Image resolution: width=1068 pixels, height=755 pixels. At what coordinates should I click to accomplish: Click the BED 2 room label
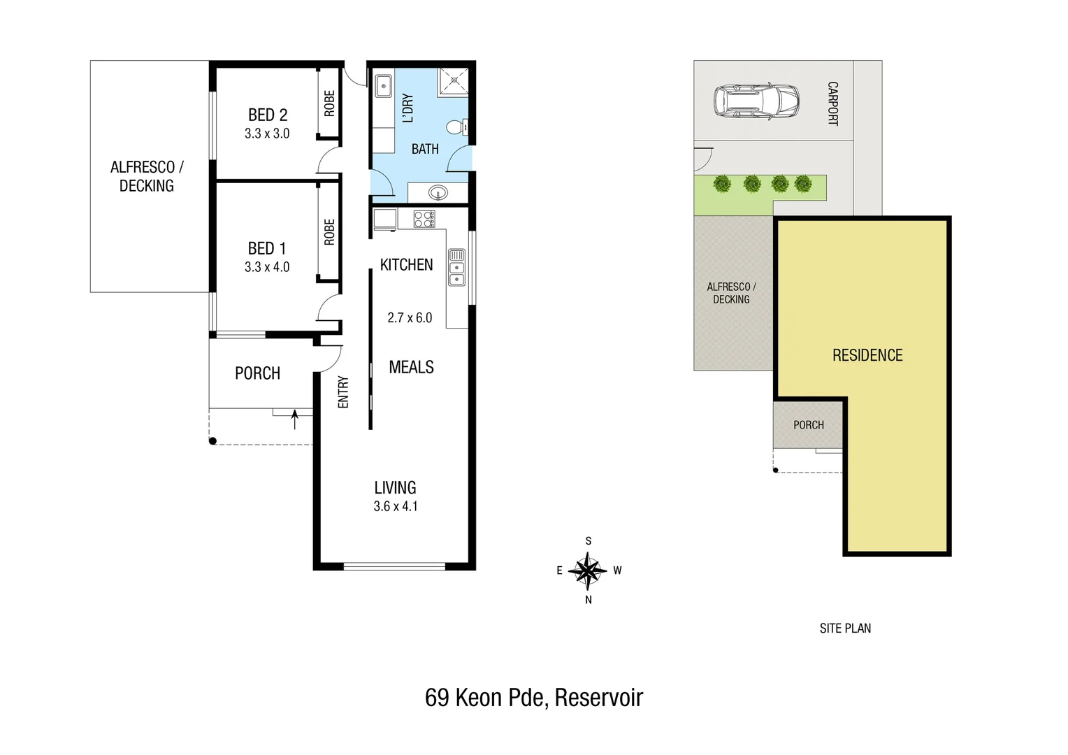(267, 115)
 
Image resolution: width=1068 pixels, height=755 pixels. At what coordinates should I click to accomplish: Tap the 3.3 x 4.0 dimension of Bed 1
(267, 267)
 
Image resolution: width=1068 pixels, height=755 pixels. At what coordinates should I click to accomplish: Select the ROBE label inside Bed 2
(329, 103)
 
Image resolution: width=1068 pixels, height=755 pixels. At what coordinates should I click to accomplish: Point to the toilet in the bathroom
(456, 127)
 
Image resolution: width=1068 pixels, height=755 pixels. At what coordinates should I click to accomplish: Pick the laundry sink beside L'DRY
(383, 87)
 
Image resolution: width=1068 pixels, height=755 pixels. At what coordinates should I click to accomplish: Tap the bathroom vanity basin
(438, 192)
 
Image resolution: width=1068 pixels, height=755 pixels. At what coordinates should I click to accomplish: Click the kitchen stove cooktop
(424, 219)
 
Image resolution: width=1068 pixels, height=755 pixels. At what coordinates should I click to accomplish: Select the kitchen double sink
(456, 267)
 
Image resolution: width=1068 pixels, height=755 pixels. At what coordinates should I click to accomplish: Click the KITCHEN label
(406, 265)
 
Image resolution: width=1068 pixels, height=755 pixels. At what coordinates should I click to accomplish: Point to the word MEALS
(411, 367)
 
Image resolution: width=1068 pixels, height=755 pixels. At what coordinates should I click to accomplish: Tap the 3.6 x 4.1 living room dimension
(396, 506)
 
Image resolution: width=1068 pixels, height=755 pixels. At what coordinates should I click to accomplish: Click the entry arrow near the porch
(294, 419)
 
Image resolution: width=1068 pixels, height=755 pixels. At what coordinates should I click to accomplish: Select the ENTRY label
(343, 391)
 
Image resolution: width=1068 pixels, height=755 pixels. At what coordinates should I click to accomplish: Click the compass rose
(588, 570)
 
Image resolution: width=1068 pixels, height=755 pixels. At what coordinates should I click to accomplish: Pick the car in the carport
(756, 101)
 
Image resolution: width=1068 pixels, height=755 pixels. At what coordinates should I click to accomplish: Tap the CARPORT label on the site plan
(832, 103)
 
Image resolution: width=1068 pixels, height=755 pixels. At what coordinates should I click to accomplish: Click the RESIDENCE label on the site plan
(867, 355)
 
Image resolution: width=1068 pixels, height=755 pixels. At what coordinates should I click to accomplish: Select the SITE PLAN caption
(845, 628)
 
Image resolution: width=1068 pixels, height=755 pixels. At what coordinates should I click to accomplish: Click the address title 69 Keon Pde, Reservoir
(534, 698)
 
